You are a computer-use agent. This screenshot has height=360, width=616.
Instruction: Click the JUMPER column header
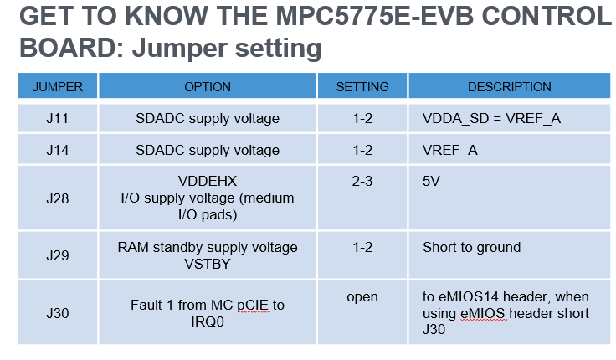[58, 87]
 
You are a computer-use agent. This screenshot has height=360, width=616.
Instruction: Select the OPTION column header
[208, 87]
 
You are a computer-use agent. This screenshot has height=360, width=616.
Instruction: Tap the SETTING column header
[362, 87]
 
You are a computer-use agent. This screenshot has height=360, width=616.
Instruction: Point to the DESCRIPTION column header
[509, 87]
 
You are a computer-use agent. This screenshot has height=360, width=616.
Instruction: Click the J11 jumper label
[58, 119]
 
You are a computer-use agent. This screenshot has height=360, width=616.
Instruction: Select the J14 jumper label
[58, 151]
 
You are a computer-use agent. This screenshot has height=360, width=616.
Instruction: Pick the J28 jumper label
[58, 199]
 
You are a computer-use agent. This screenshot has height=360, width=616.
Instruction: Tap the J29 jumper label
[58, 255]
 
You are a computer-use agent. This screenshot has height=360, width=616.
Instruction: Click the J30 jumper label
[58, 313]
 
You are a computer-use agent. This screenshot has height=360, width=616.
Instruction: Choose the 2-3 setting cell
[362, 181]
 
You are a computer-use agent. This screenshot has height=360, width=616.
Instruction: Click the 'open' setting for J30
[362, 297]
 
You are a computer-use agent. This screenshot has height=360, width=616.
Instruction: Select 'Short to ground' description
[471, 248]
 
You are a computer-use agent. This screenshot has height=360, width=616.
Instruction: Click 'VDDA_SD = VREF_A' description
[491, 119]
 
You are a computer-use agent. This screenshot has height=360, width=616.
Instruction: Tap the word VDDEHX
[208, 181]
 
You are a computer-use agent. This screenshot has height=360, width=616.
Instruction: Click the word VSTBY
[208, 264]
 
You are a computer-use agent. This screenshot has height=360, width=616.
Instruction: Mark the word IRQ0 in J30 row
[208, 321]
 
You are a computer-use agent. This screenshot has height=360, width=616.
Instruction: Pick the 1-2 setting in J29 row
[362, 248]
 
